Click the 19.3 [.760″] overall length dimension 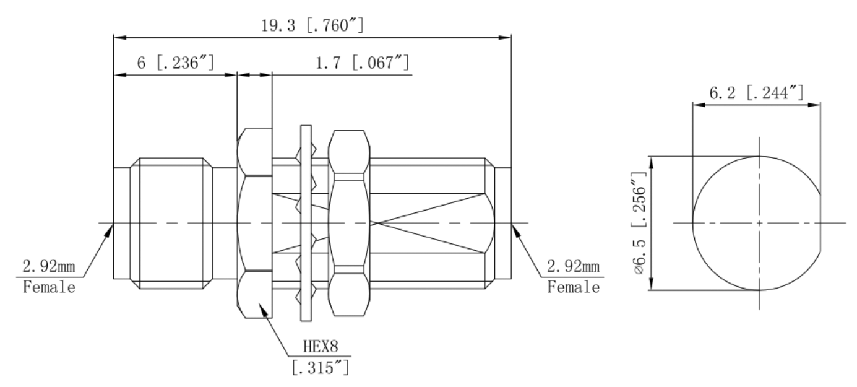point(312,25)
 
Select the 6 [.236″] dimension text point(176,63)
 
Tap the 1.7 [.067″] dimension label point(363,63)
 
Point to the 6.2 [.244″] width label point(756,93)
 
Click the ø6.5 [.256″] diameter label point(639,223)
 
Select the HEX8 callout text point(321,346)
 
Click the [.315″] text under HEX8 point(321,368)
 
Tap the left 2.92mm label point(49,266)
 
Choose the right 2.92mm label point(573,266)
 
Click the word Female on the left point(49,287)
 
